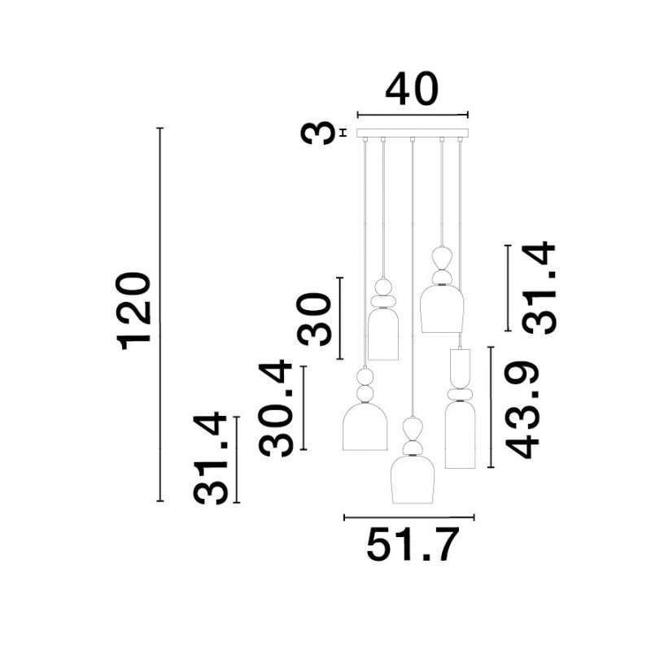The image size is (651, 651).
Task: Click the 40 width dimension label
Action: coord(412,90)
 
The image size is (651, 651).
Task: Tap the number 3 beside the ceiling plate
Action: coord(319,133)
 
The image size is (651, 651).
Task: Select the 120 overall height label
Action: coord(133,311)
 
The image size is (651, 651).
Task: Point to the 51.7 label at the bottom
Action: coord(413,544)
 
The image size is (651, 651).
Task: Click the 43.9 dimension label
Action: coord(522,410)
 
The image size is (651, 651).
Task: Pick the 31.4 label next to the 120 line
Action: coord(211,458)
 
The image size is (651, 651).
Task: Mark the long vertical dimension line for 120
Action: coord(160,314)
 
